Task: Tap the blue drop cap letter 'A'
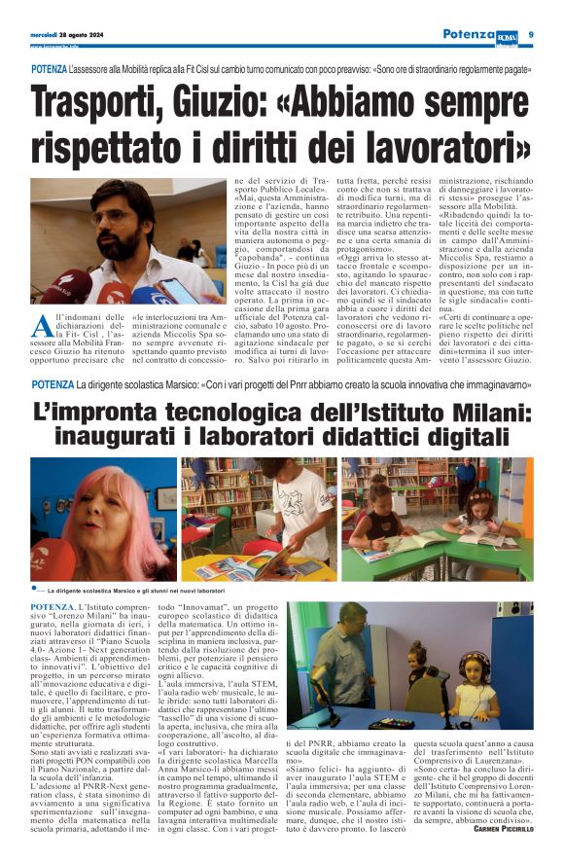[41, 325]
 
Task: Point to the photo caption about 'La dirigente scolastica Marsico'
[137, 591]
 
